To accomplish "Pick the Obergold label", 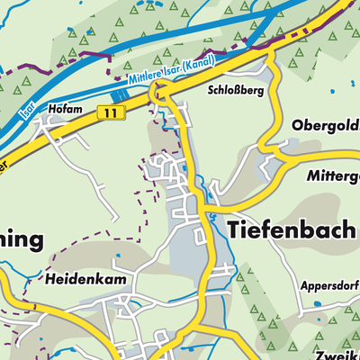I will (325, 125).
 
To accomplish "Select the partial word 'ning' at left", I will (20, 241).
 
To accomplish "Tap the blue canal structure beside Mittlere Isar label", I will (120, 94).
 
